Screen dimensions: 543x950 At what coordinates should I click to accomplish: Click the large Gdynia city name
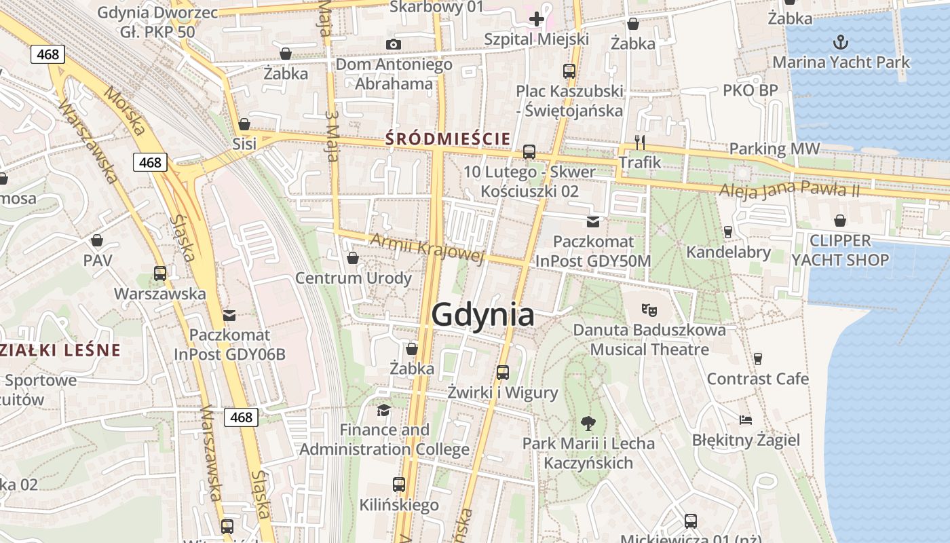click(482, 316)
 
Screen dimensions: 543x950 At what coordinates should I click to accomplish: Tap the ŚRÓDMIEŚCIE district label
click(448, 139)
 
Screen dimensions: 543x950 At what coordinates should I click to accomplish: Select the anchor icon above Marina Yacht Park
click(841, 42)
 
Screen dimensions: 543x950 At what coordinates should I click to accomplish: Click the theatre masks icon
click(649, 310)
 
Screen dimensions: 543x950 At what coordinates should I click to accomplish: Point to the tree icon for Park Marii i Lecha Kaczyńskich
click(588, 424)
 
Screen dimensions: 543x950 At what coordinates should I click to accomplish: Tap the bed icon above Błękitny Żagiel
click(746, 420)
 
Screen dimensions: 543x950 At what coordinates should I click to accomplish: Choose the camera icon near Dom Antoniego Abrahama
click(393, 45)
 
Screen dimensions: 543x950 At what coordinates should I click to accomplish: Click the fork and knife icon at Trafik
click(639, 142)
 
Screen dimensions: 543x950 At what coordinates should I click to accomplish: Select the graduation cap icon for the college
click(383, 410)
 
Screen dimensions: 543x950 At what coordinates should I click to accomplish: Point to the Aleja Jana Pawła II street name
click(790, 189)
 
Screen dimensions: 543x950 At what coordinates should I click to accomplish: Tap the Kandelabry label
click(729, 252)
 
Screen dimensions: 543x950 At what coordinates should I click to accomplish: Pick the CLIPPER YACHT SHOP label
click(840, 250)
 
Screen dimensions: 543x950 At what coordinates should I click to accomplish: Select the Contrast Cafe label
click(758, 379)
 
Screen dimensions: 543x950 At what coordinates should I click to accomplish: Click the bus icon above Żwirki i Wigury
click(502, 373)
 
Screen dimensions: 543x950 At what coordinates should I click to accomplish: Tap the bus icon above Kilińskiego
click(399, 485)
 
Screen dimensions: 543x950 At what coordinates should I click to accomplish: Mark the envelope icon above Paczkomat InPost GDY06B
click(229, 315)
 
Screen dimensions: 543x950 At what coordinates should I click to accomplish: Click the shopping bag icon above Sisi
click(244, 124)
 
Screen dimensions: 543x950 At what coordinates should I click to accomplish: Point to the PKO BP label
click(750, 90)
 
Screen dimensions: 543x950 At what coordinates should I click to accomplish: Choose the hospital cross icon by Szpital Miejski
click(537, 18)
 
